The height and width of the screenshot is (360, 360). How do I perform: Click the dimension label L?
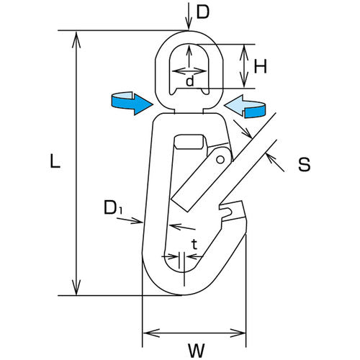tap(55, 161)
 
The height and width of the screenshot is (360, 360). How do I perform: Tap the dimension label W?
tap(197, 351)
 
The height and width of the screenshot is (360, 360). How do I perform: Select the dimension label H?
tap(261, 66)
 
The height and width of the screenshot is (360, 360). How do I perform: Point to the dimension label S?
tap(304, 164)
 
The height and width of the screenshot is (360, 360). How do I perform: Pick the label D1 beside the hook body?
tap(113, 207)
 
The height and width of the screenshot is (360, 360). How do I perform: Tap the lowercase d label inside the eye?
tap(189, 81)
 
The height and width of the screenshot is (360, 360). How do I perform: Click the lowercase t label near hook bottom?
tap(194, 245)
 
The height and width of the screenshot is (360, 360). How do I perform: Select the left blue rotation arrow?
tap(132, 103)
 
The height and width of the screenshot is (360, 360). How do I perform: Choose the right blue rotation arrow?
tap(245, 107)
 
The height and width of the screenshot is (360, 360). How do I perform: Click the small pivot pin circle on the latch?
tap(220, 160)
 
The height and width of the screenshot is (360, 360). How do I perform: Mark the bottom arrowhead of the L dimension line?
tap(76, 287)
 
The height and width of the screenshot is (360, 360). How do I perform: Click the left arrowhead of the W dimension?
tap(151, 333)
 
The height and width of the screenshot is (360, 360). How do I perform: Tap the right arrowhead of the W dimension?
tap(238, 333)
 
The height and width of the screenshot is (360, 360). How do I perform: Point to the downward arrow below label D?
tap(189, 17)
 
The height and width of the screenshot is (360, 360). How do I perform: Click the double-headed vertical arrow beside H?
tap(244, 66)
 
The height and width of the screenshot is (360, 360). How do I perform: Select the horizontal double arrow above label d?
tap(189, 71)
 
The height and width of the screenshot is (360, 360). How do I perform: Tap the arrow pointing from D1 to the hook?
tap(130, 220)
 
